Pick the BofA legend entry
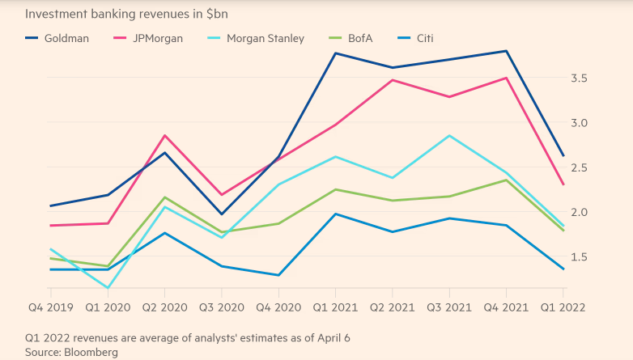(x=367, y=38)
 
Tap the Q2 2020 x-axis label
(x=164, y=308)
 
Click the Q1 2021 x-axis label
(x=335, y=308)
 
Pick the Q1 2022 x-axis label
(x=564, y=308)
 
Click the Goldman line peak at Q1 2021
(x=336, y=53)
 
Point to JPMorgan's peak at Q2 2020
(x=165, y=135)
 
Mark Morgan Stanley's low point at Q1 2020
(x=108, y=288)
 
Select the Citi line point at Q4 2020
(x=278, y=275)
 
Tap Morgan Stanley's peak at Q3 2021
(x=449, y=135)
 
